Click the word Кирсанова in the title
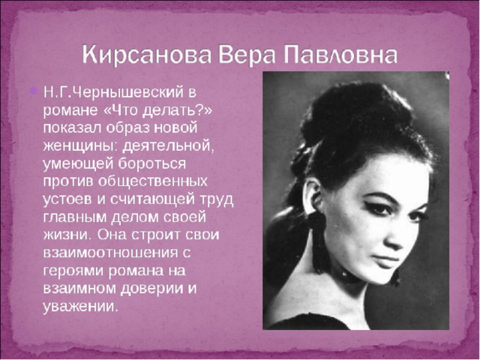[147, 55]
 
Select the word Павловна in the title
[340, 55]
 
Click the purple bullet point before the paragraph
[33, 90]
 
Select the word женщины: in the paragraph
[80, 146]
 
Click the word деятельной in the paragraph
[168, 146]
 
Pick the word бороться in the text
[152, 163]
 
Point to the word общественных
[153, 181]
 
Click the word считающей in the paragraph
[152, 199]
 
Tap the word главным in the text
[75, 217]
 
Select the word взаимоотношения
[110, 253]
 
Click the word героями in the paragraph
[73, 271]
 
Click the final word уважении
[80, 307]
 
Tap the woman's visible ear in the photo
[312, 196]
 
